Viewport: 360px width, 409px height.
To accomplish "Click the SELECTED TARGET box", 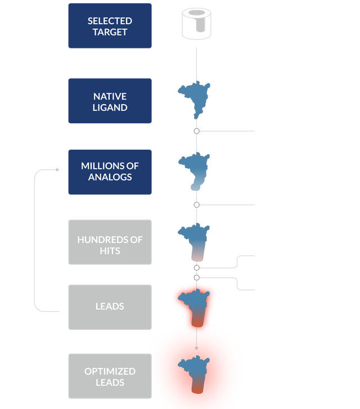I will [110, 26].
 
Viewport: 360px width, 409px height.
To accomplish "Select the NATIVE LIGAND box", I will [110, 101].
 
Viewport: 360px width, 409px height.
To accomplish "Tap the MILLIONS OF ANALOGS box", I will [110, 172].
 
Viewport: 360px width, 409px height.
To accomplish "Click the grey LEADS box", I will [110, 307].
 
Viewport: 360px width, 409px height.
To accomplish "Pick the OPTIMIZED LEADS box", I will [110, 377].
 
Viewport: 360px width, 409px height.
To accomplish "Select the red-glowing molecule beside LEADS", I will [195, 307].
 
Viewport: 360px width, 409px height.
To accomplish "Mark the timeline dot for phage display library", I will [196, 131].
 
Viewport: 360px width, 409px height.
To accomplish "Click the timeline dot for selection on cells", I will [196, 205].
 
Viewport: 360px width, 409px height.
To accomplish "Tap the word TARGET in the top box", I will [110, 32].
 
